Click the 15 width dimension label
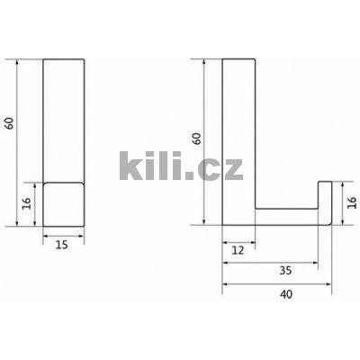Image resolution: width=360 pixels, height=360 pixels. [63, 244]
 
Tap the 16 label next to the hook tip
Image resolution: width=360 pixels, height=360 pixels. [351, 202]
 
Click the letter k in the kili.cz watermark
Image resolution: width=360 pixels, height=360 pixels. [130, 165]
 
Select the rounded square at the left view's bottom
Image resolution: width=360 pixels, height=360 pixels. [64, 203]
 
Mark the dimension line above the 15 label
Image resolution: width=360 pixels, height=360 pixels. [64, 236]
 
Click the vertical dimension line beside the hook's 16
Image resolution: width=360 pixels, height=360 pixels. [340, 202]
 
